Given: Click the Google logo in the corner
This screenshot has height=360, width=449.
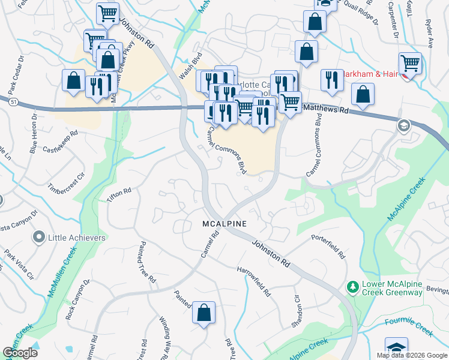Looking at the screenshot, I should tap(20, 352).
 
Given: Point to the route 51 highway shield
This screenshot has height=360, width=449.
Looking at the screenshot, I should tap(13, 103).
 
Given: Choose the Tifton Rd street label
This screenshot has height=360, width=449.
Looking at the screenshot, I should tap(119, 195).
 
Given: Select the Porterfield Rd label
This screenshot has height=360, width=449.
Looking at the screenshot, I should tap(328, 246).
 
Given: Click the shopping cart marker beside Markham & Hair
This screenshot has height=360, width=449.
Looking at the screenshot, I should tap(410, 63).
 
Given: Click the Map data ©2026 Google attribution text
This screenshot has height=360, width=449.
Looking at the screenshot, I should tap(411, 355).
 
